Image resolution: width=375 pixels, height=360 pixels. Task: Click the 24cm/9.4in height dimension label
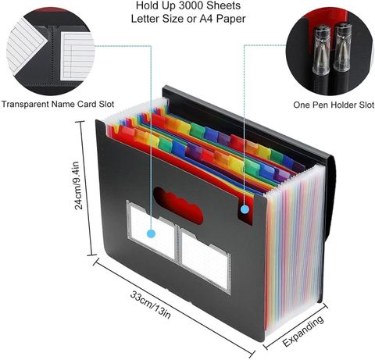(79, 185)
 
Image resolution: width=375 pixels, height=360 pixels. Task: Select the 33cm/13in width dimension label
(151, 305)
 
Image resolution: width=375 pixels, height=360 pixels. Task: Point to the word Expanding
(303, 331)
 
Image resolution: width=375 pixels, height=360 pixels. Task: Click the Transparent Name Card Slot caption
(58, 104)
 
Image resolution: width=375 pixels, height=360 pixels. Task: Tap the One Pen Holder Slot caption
(334, 105)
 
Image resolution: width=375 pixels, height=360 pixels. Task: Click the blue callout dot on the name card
(151, 233)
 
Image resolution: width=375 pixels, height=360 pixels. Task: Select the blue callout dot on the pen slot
(245, 209)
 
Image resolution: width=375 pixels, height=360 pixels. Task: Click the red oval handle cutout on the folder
(178, 205)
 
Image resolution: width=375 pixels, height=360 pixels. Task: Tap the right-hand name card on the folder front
(205, 261)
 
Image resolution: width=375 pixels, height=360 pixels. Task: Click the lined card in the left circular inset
(77, 55)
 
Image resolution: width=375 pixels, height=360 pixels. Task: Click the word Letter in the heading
(148, 19)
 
